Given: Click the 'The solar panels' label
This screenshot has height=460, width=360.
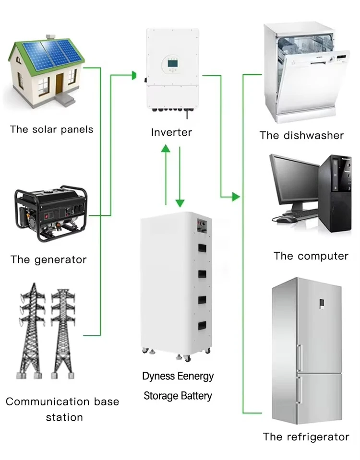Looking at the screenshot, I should [x=51, y=130].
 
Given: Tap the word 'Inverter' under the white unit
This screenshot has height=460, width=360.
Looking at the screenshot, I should [x=171, y=132].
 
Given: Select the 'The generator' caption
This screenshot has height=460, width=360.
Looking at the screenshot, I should [x=48, y=260].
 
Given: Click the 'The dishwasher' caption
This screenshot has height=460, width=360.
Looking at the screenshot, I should [x=301, y=135].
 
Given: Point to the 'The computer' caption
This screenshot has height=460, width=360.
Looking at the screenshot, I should [x=311, y=256].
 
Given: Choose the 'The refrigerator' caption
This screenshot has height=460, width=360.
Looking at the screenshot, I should [x=306, y=437].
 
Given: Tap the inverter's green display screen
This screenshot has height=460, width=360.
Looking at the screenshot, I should [x=172, y=62].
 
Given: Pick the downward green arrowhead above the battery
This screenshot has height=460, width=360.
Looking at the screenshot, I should [x=180, y=201].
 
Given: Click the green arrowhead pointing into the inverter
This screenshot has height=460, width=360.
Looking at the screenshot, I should [x=134, y=75].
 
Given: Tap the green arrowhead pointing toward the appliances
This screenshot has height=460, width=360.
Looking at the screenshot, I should [x=235, y=196].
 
